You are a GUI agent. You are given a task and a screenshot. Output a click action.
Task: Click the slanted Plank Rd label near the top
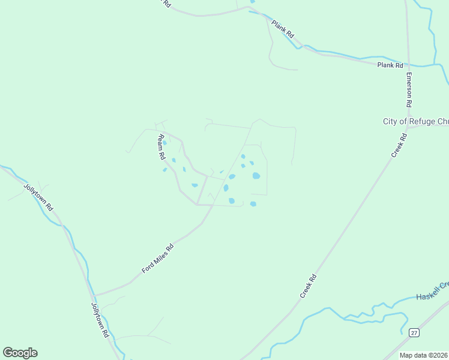(282, 28)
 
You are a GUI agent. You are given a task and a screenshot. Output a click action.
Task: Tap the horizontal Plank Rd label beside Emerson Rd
(390, 65)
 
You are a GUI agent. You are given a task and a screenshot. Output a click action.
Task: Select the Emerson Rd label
(409, 90)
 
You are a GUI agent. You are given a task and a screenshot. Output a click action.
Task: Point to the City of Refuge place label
(415, 121)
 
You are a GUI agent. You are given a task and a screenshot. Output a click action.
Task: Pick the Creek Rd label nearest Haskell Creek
(308, 287)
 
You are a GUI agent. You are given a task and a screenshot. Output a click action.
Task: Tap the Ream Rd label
(161, 146)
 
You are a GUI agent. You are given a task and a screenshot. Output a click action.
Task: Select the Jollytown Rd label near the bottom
(100, 319)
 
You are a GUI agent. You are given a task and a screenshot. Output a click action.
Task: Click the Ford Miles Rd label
(157, 259)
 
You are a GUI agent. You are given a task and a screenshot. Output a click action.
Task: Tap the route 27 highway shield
(414, 332)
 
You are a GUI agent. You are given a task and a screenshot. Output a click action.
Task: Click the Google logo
(20, 353)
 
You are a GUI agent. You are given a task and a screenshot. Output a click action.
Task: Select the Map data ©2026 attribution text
(424, 355)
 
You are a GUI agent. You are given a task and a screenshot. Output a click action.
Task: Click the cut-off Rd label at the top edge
(166, 4)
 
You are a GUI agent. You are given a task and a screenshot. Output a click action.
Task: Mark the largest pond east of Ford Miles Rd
(256, 176)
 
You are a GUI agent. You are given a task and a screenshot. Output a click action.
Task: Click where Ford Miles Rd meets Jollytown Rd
(94, 295)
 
